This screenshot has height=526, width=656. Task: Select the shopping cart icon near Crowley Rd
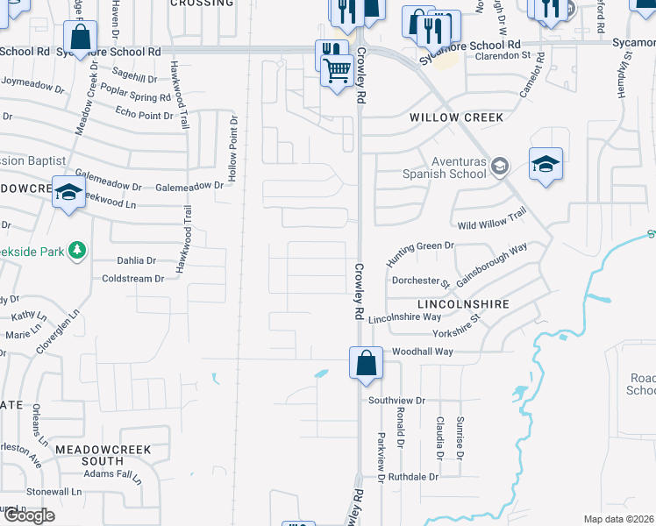[x=338, y=69]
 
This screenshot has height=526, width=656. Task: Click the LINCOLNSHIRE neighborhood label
[x=463, y=303]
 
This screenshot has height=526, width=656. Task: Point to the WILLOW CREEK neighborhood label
[x=457, y=117]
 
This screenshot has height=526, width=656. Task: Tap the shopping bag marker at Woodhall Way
[x=365, y=362]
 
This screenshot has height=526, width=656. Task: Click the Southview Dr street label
[x=396, y=400]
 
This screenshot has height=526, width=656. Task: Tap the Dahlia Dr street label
[x=136, y=260]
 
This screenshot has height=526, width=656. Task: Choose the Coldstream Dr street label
[x=132, y=279]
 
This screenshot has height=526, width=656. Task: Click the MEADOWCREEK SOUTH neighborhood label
[x=103, y=455]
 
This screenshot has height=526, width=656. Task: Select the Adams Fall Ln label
[x=112, y=475]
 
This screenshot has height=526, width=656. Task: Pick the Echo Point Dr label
[x=145, y=113]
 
